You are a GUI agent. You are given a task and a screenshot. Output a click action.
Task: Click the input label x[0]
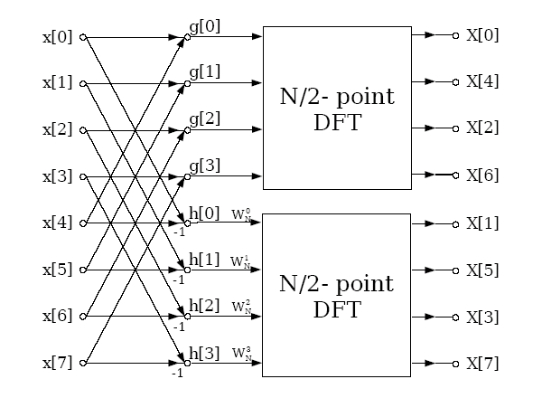click(x=57, y=37)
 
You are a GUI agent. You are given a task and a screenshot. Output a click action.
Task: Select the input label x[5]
click(x=57, y=270)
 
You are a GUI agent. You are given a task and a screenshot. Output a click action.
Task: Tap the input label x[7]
click(x=57, y=364)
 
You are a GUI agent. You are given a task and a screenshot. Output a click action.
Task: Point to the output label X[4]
click(x=482, y=82)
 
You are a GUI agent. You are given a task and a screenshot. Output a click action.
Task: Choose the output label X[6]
click(x=482, y=175)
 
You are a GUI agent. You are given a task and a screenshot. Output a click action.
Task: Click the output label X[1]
click(x=482, y=223)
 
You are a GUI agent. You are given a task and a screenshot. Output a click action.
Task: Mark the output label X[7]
click(x=482, y=364)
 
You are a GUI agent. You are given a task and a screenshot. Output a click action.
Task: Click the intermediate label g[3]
click(x=204, y=165)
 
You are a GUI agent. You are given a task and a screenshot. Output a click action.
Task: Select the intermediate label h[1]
click(x=204, y=259)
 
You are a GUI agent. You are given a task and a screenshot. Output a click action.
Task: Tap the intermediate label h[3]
click(x=204, y=353)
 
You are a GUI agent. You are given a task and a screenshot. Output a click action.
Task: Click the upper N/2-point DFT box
click(x=336, y=108)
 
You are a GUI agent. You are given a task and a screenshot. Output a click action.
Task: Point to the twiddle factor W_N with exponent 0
click(x=240, y=213)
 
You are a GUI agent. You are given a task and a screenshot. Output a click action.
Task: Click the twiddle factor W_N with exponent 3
click(x=240, y=354)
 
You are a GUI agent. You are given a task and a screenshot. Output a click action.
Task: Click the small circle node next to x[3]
click(x=83, y=176)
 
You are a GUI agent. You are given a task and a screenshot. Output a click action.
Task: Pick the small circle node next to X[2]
click(x=457, y=129)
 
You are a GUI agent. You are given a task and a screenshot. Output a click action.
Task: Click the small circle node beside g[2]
click(x=187, y=130)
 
